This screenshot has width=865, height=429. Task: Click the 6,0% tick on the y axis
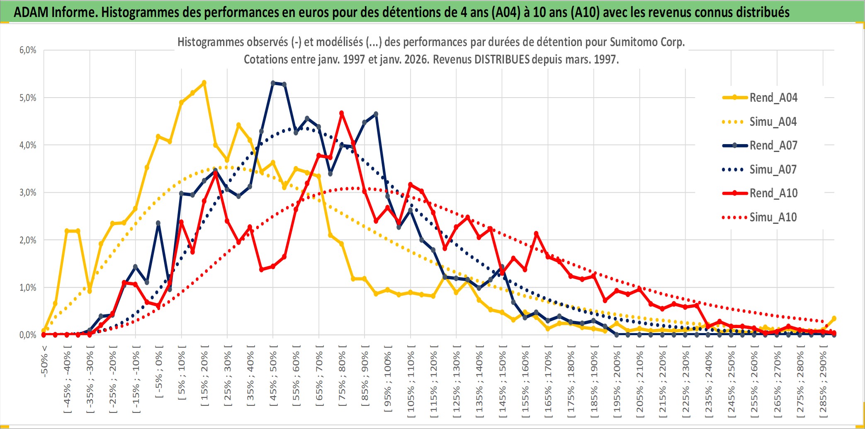(28, 50)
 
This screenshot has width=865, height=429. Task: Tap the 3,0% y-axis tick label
(28, 193)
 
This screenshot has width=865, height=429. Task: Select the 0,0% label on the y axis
(28, 335)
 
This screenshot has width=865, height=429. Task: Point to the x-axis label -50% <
(44, 361)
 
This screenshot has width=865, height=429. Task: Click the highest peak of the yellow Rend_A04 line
(204, 83)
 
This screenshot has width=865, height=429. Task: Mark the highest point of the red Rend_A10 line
(342, 113)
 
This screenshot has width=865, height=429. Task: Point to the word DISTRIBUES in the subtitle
(502, 59)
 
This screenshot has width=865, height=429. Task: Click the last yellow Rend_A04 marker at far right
(834, 319)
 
